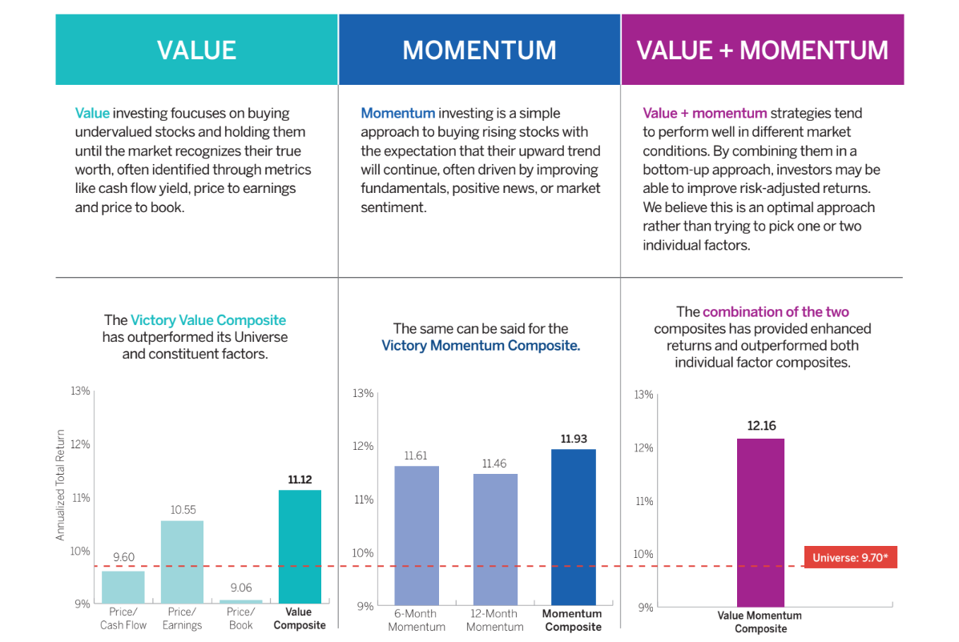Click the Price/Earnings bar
[x=182, y=562]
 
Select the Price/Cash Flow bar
[x=123, y=587]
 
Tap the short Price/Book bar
[x=240, y=601]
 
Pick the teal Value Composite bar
[x=300, y=547]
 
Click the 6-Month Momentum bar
[x=417, y=536]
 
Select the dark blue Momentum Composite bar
[x=574, y=527]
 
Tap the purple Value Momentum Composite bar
[x=760, y=522]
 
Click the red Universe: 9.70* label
[x=850, y=558]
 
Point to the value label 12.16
[x=761, y=426]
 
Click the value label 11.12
[x=300, y=479]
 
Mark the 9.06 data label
[x=240, y=587]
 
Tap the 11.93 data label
[x=574, y=439]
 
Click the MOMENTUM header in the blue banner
[x=479, y=50]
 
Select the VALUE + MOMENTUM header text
[x=762, y=50]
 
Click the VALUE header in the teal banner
[x=196, y=50]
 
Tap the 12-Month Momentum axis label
[x=495, y=620]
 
